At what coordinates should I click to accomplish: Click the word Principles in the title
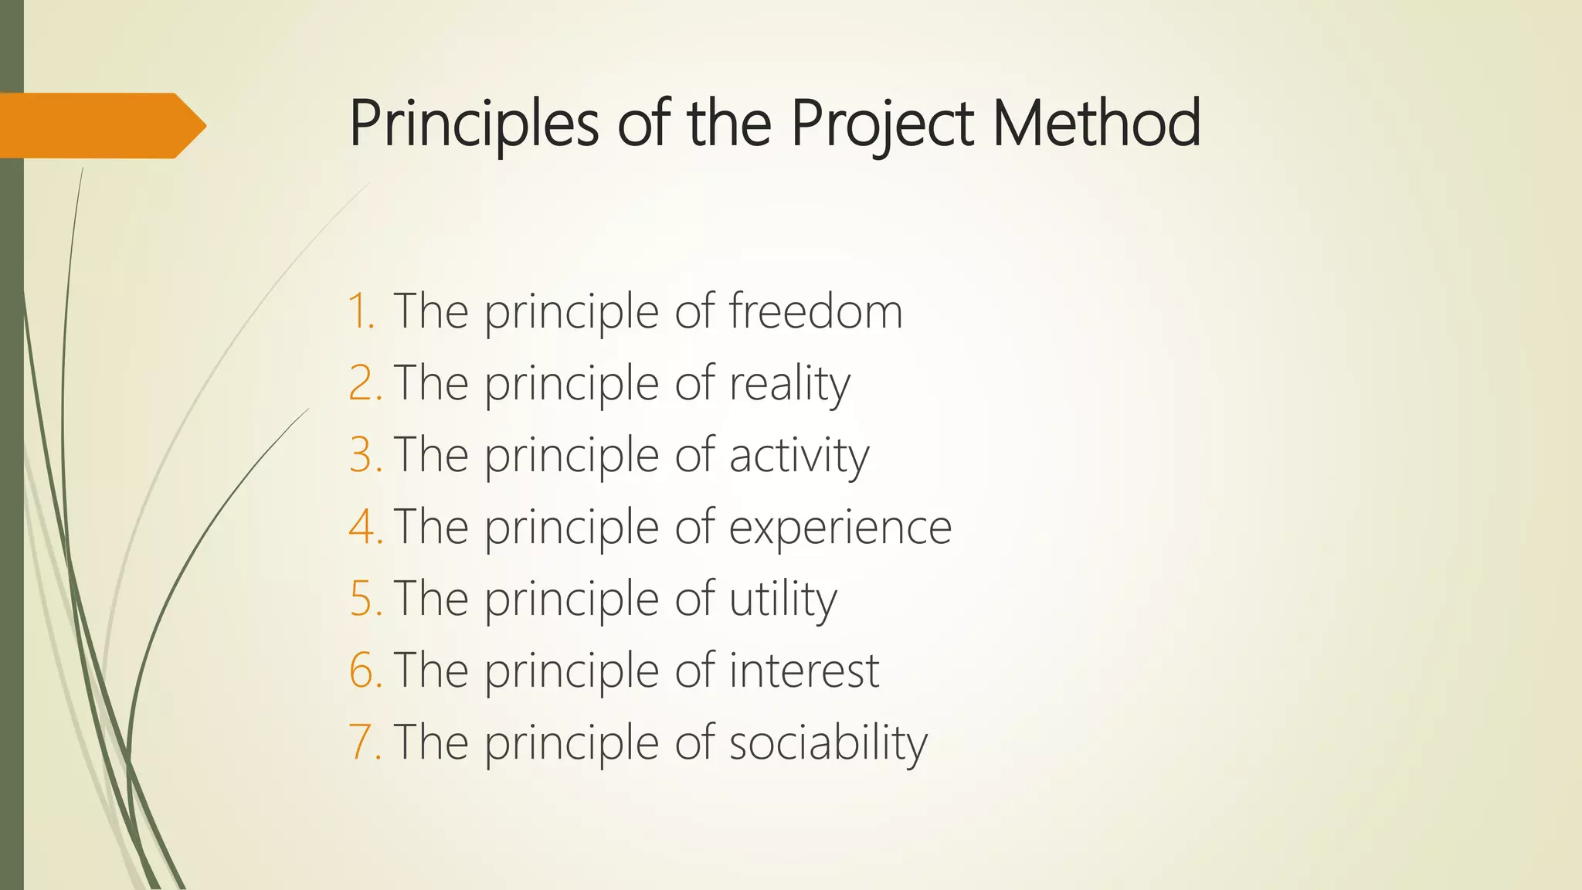coord(474,124)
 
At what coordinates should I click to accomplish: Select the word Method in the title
coord(1096,124)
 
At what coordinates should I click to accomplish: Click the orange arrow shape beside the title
coord(100,125)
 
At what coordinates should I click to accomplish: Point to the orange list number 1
coord(362,311)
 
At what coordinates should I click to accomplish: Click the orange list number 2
coord(365,383)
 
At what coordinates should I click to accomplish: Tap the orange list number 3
coord(365,455)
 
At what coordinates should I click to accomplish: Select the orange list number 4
coord(365,527)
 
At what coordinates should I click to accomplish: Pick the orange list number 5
coord(365,599)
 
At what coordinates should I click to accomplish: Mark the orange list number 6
coord(365,670)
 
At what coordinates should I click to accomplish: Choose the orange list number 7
coord(365,742)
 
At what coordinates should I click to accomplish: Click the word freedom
coord(815,311)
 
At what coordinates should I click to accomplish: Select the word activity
coord(799,456)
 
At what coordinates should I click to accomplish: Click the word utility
coord(783,600)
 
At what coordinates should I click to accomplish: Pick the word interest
coord(803,670)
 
